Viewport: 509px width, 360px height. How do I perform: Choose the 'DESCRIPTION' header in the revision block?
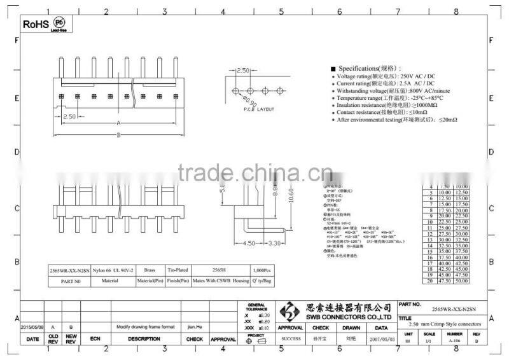pyautogui.click(x=144, y=339)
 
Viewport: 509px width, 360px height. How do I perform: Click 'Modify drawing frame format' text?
pyautogui.click(x=145, y=326)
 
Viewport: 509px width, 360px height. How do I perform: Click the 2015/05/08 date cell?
pyautogui.click(x=32, y=326)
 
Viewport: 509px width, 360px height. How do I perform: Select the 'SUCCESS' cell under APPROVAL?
pyautogui.click(x=291, y=338)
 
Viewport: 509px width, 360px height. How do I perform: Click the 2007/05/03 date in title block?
pyautogui.click(x=382, y=338)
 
